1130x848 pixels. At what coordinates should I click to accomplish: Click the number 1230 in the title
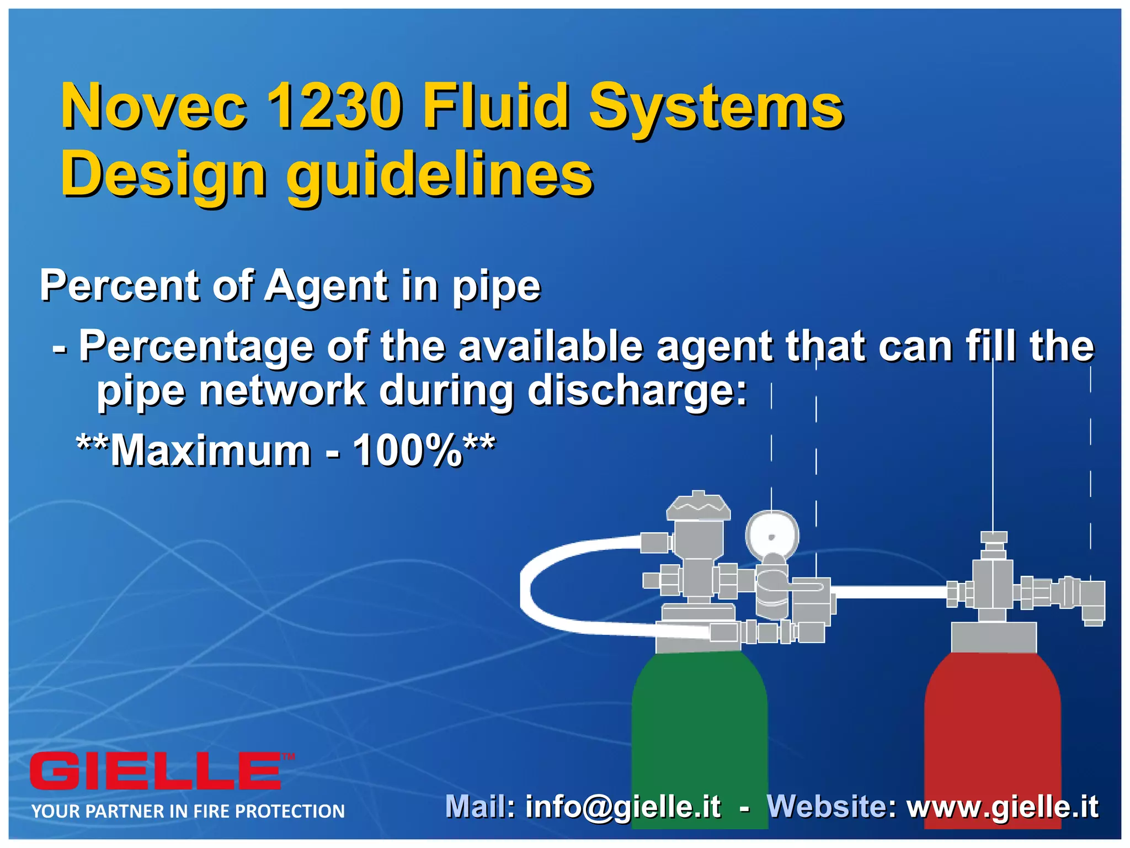point(333,106)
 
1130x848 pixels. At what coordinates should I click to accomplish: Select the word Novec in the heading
point(154,106)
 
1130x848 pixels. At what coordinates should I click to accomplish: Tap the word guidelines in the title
point(439,176)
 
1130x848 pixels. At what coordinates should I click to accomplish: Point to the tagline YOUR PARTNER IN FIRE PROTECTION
point(188,811)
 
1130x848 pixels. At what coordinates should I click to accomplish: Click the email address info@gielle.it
point(623,807)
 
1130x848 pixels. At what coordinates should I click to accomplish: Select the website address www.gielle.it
point(1003,807)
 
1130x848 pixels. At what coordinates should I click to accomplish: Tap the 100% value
point(407,451)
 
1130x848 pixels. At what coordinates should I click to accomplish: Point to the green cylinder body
point(699,734)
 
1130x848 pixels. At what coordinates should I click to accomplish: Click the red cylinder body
point(992,734)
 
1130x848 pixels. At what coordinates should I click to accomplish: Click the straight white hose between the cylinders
point(891,592)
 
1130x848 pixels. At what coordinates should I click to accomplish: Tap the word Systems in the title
point(716,106)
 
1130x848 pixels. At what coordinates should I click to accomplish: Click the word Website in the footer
point(831,807)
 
